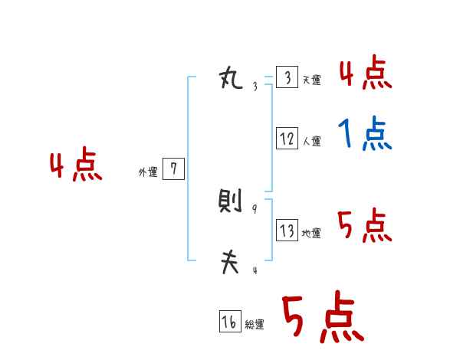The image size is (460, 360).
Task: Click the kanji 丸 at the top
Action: point(231,78)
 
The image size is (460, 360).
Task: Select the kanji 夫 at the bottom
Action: point(230,263)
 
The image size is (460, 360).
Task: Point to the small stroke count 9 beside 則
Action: point(255,209)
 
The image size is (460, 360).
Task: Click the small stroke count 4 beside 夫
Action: point(255,270)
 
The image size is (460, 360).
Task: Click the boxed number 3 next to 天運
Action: point(287,78)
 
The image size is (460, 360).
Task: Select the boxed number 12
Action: point(287,139)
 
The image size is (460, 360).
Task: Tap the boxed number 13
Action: point(287,231)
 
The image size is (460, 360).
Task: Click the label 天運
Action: point(311,80)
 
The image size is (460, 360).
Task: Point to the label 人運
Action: point(311,141)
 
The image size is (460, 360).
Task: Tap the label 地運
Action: point(311,233)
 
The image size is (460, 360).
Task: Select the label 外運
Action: point(148,172)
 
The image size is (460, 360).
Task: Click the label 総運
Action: point(255,325)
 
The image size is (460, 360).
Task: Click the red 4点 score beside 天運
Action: point(365,73)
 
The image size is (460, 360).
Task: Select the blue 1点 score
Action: point(365,135)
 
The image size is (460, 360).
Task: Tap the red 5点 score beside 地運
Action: point(365,226)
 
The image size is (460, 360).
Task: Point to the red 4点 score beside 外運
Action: point(76,166)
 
